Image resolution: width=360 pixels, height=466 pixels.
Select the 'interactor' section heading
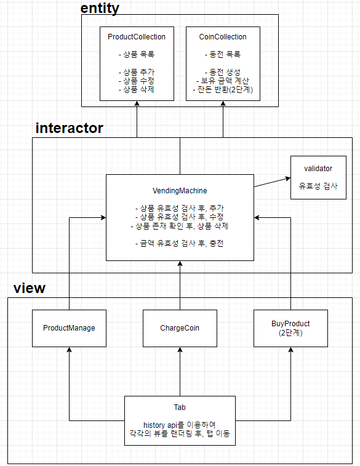(70, 128)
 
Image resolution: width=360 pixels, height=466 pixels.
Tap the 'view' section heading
(30, 288)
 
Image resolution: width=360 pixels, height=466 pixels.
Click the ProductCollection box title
(137, 37)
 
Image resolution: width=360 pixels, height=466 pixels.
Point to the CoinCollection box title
(223, 37)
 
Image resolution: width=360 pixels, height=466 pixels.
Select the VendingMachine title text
(180, 191)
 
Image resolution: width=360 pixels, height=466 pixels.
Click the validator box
(318, 177)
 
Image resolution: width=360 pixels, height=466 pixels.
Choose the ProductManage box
(69, 328)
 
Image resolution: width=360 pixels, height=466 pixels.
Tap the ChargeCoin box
(180, 328)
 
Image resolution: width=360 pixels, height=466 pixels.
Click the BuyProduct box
(290, 327)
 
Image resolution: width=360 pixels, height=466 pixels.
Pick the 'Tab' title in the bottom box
(180, 408)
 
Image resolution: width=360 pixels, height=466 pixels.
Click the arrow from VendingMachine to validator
(271, 183)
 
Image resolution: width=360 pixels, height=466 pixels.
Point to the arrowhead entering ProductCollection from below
(137, 105)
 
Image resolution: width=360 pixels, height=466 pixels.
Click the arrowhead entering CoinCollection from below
(223, 105)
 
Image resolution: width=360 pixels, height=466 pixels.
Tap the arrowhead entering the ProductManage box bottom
(69, 350)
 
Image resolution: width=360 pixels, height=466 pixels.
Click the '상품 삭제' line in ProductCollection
(137, 90)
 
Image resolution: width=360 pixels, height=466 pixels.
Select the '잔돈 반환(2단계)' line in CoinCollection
(223, 90)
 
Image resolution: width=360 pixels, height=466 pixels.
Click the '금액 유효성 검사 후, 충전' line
(180, 243)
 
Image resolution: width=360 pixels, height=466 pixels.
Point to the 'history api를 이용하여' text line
(180, 425)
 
